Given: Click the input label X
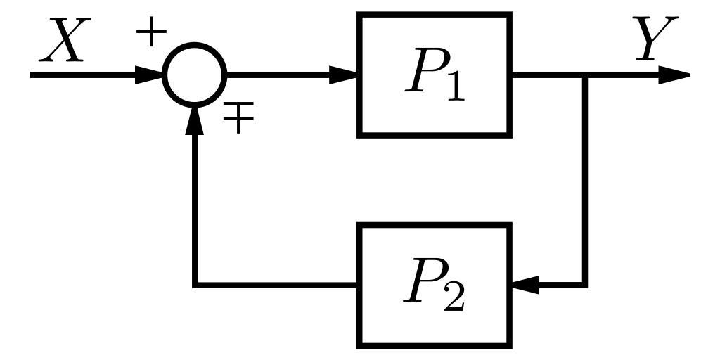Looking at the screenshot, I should coord(64,41).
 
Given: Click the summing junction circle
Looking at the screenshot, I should coord(195,75).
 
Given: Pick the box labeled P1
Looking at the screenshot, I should coord(435,74).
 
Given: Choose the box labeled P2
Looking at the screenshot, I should coord(435,285).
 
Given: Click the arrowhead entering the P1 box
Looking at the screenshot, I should coord(345,75).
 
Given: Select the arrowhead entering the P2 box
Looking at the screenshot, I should coord(526,285).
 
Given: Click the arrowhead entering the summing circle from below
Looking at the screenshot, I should coord(195,121).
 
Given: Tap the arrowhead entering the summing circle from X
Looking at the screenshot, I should coord(149,75).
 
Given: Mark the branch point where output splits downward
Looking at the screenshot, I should coord(585,75).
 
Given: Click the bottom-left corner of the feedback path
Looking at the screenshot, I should coord(195,285).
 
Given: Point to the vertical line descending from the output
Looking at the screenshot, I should coord(585,179).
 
